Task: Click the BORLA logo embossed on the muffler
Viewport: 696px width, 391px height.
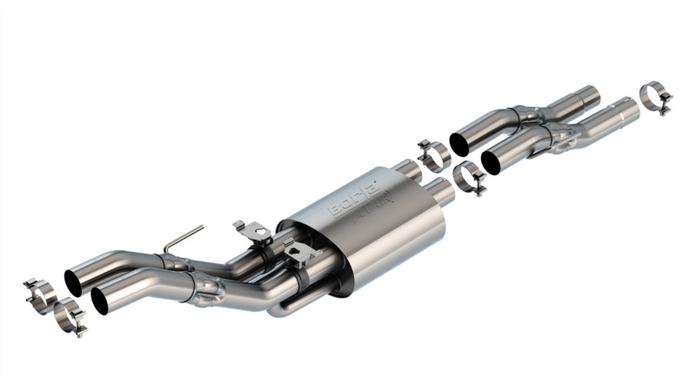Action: pos(357,197)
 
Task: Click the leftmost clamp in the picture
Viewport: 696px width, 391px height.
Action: pos(39,293)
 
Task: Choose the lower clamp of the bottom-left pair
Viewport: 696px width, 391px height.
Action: pos(68,316)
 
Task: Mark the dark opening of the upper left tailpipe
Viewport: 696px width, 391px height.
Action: pos(73,282)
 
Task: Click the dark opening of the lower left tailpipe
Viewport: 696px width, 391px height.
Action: pos(100,300)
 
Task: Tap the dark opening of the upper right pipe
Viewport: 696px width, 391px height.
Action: pos(459,144)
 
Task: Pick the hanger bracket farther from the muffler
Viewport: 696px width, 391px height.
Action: pos(250,232)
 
